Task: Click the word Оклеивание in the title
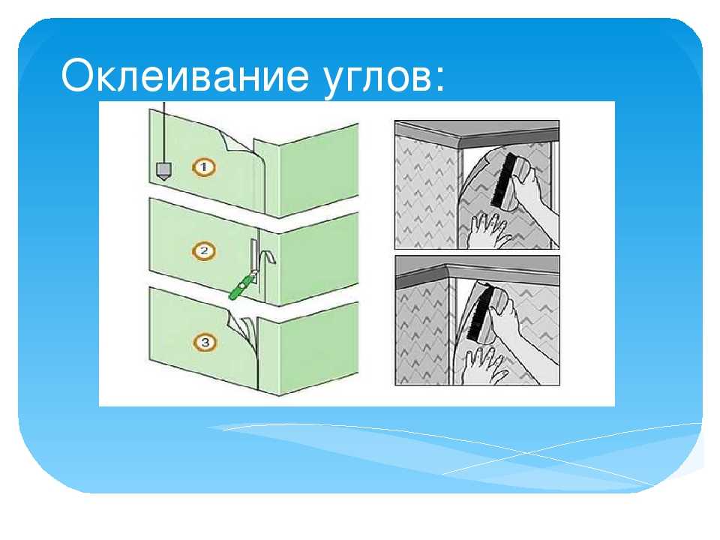click(x=184, y=75)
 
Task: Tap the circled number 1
click(x=204, y=167)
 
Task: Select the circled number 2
click(x=204, y=251)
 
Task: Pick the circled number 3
click(x=205, y=342)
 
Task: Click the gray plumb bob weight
click(x=163, y=171)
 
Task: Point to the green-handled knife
click(x=243, y=285)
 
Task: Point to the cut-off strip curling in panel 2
click(x=268, y=257)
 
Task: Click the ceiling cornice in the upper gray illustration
click(x=477, y=133)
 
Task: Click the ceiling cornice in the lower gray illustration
click(x=477, y=271)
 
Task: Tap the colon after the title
click(x=440, y=81)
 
